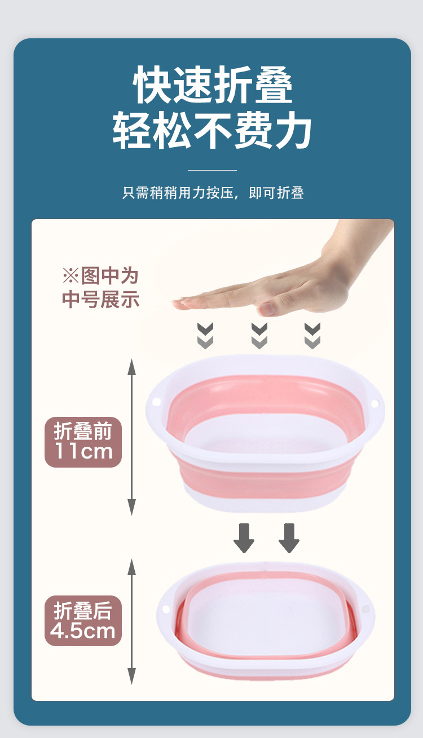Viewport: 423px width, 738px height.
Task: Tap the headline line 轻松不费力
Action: pyautogui.click(x=213, y=131)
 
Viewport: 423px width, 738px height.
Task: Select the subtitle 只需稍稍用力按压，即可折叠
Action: pyautogui.click(x=213, y=193)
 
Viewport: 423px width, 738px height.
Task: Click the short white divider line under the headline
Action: pyautogui.click(x=212, y=170)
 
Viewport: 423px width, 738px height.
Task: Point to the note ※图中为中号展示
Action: pyautogui.click(x=100, y=288)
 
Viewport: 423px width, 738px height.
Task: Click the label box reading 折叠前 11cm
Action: pyautogui.click(x=83, y=442)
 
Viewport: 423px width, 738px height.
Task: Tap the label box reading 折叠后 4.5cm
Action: pyautogui.click(x=83, y=621)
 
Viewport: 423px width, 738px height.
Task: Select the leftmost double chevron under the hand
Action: pyautogui.click(x=205, y=336)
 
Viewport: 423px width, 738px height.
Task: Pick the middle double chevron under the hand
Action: pyautogui.click(x=259, y=336)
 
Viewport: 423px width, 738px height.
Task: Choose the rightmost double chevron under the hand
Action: pyautogui.click(x=312, y=336)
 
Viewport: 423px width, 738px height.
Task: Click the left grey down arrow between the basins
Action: pyautogui.click(x=244, y=538)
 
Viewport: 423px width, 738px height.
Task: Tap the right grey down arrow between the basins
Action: pyautogui.click(x=289, y=538)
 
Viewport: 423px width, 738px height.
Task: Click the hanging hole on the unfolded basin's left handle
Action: pyautogui.click(x=157, y=403)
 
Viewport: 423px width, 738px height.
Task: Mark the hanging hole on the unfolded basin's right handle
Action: pyautogui.click(x=374, y=403)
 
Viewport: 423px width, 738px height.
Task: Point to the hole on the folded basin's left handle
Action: pyautogui.click(x=166, y=610)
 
